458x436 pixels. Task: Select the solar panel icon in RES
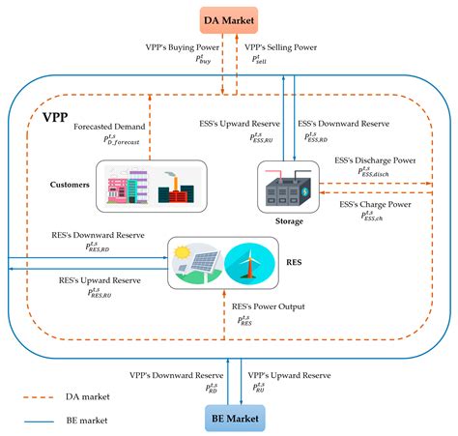click(196, 263)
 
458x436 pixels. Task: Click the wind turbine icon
click(248, 263)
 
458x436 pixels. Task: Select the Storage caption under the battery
click(286, 221)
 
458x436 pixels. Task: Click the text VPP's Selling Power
click(280, 48)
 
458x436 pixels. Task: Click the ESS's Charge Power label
click(387, 205)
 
